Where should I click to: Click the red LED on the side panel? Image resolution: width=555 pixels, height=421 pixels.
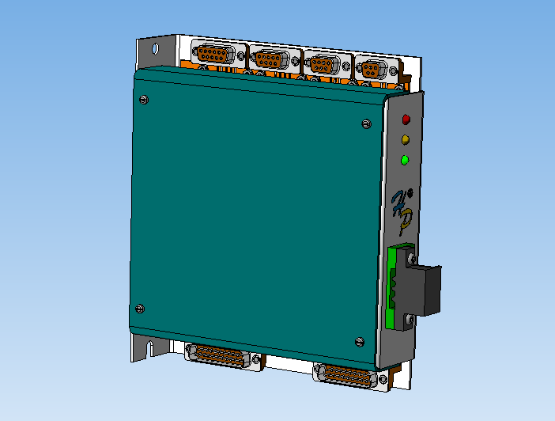pyautogui.click(x=406, y=119)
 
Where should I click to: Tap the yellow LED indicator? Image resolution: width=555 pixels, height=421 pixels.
pyautogui.click(x=406, y=140)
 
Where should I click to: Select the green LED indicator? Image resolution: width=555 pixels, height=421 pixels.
pyautogui.click(x=405, y=161)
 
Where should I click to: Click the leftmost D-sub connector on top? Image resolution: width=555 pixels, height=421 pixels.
pyautogui.click(x=212, y=55)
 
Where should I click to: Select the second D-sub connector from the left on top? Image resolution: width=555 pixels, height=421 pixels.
pyautogui.click(x=269, y=59)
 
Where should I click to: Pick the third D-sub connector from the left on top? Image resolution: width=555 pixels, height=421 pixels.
pyautogui.click(x=322, y=64)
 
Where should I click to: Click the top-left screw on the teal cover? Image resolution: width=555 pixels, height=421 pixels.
pyautogui.click(x=142, y=99)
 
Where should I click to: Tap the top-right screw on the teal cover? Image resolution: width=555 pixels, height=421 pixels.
pyautogui.click(x=365, y=123)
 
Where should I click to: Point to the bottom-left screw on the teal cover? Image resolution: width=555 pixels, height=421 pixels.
pyautogui.click(x=140, y=308)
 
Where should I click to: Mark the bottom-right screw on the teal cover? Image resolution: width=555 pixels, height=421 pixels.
pyautogui.click(x=361, y=341)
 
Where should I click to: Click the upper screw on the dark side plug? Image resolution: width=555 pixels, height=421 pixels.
pyautogui.click(x=410, y=258)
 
